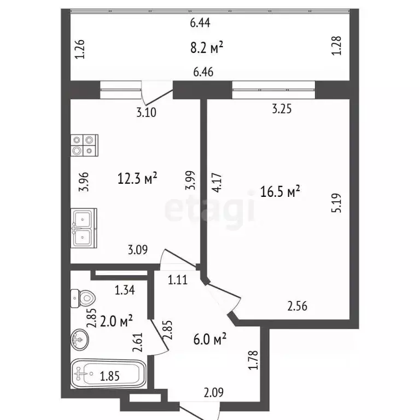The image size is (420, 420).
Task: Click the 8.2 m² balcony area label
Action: (x=206, y=48)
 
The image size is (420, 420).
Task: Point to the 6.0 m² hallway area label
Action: (x=211, y=340)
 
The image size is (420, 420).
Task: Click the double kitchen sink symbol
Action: (x=83, y=227)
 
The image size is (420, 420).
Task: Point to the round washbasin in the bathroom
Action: (x=80, y=340)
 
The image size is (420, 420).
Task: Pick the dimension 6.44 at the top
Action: (x=200, y=22)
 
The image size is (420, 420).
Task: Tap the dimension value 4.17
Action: (x=218, y=181)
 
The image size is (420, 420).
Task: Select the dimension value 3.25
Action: (x=282, y=109)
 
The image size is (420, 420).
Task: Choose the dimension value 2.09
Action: (x=213, y=392)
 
